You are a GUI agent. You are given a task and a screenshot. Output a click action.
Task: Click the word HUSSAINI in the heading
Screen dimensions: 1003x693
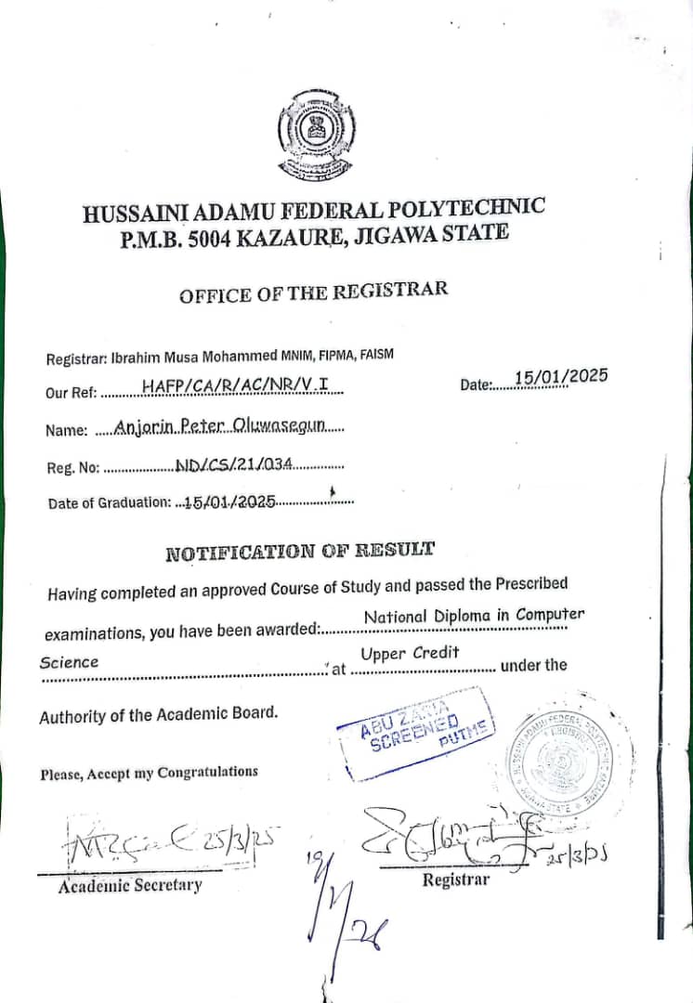pyautogui.click(x=127, y=213)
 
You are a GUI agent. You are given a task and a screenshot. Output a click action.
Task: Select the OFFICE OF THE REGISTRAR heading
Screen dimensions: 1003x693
pyautogui.click(x=313, y=293)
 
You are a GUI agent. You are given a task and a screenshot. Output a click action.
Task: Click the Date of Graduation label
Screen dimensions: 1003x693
pyautogui.click(x=109, y=503)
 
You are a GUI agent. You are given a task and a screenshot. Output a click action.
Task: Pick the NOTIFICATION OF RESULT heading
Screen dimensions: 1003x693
pyautogui.click(x=299, y=552)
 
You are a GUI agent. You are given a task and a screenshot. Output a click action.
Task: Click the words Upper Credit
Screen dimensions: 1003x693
pyautogui.click(x=410, y=654)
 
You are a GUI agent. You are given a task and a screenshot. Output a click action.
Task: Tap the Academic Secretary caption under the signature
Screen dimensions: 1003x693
pyautogui.click(x=129, y=886)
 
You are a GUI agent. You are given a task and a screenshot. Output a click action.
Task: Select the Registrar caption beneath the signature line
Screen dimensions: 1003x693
pyautogui.click(x=455, y=879)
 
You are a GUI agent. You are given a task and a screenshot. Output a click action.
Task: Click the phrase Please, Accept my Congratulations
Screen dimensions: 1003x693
pyautogui.click(x=149, y=773)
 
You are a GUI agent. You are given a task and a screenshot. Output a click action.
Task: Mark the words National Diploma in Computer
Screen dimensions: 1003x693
pyautogui.click(x=474, y=616)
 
